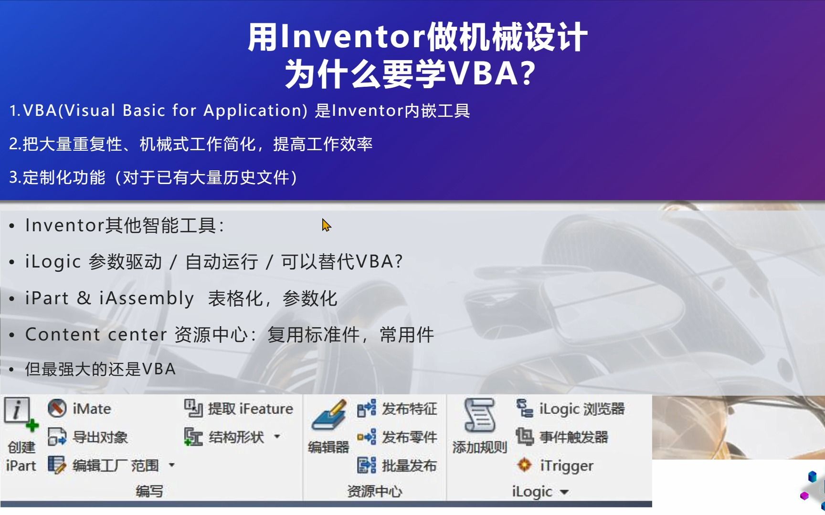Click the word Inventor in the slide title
[x=352, y=37]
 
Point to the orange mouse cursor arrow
[x=326, y=225]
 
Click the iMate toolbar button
[x=80, y=409]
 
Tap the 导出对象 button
[x=88, y=437]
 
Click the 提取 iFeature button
[x=239, y=409]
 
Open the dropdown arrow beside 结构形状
[x=277, y=436]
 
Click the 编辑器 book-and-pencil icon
[x=329, y=414]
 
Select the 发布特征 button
[x=397, y=409]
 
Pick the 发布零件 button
[x=397, y=437]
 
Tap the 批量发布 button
[x=397, y=465]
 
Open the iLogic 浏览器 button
[x=571, y=409]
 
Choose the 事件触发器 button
[x=562, y=437]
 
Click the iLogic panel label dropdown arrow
[x=564, y=492]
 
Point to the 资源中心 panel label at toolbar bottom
[x=375, y=492]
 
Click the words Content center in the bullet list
[x=96, y=335]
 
